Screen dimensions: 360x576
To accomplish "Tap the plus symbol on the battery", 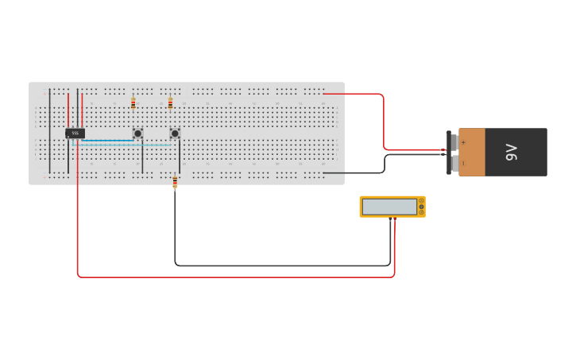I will [x=463, y=142].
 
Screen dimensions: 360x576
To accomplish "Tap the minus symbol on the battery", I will [x=463, y=162].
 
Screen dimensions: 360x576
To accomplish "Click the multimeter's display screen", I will [x=389, y=207].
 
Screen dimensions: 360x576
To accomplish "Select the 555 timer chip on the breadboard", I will [x=75, y=133].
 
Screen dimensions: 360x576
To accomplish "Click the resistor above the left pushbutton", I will [x=133, y=103].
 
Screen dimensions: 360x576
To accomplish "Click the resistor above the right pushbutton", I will [x=170, y=103].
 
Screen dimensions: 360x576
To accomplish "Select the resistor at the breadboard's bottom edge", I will [x=175, y=182].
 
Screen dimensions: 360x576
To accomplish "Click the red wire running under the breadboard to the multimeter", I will [x=238, y=277].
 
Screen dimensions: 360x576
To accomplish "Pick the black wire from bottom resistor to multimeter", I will [x=278, y=265].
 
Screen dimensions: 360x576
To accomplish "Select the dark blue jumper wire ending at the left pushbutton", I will [x=107, y=141].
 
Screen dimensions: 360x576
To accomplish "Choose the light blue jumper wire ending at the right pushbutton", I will [x=127, y=145].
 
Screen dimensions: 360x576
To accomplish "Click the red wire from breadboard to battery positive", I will [x=384, y=119].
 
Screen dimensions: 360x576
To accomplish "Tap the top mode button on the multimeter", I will [x=421, y=201].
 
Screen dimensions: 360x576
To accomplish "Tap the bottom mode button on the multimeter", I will [x=421, y=213].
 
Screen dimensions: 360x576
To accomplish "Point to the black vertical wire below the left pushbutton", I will [x=142, y=157].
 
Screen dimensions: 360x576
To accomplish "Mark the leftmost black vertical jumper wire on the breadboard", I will [x=50, y=131].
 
